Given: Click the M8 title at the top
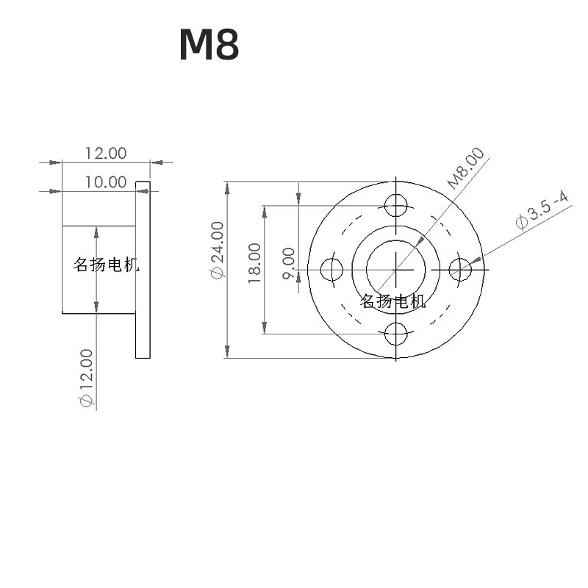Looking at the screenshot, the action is click(x=209, y=46).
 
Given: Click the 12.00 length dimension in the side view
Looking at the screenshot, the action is click(x=106, y=153).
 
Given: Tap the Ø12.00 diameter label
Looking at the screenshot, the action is click(x=86, y=378).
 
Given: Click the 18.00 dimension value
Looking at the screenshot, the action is click(x=254, y=263).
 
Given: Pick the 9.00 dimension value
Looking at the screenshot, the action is click(x=289, y=262).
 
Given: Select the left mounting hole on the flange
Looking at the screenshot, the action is click(x=332, y=270).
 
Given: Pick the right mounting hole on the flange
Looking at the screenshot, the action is click(x=461, y=270).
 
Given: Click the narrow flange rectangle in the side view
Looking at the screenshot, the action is click(x=143, y=270).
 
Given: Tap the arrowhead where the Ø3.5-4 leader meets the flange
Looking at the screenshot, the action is click(x=478, y=259).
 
